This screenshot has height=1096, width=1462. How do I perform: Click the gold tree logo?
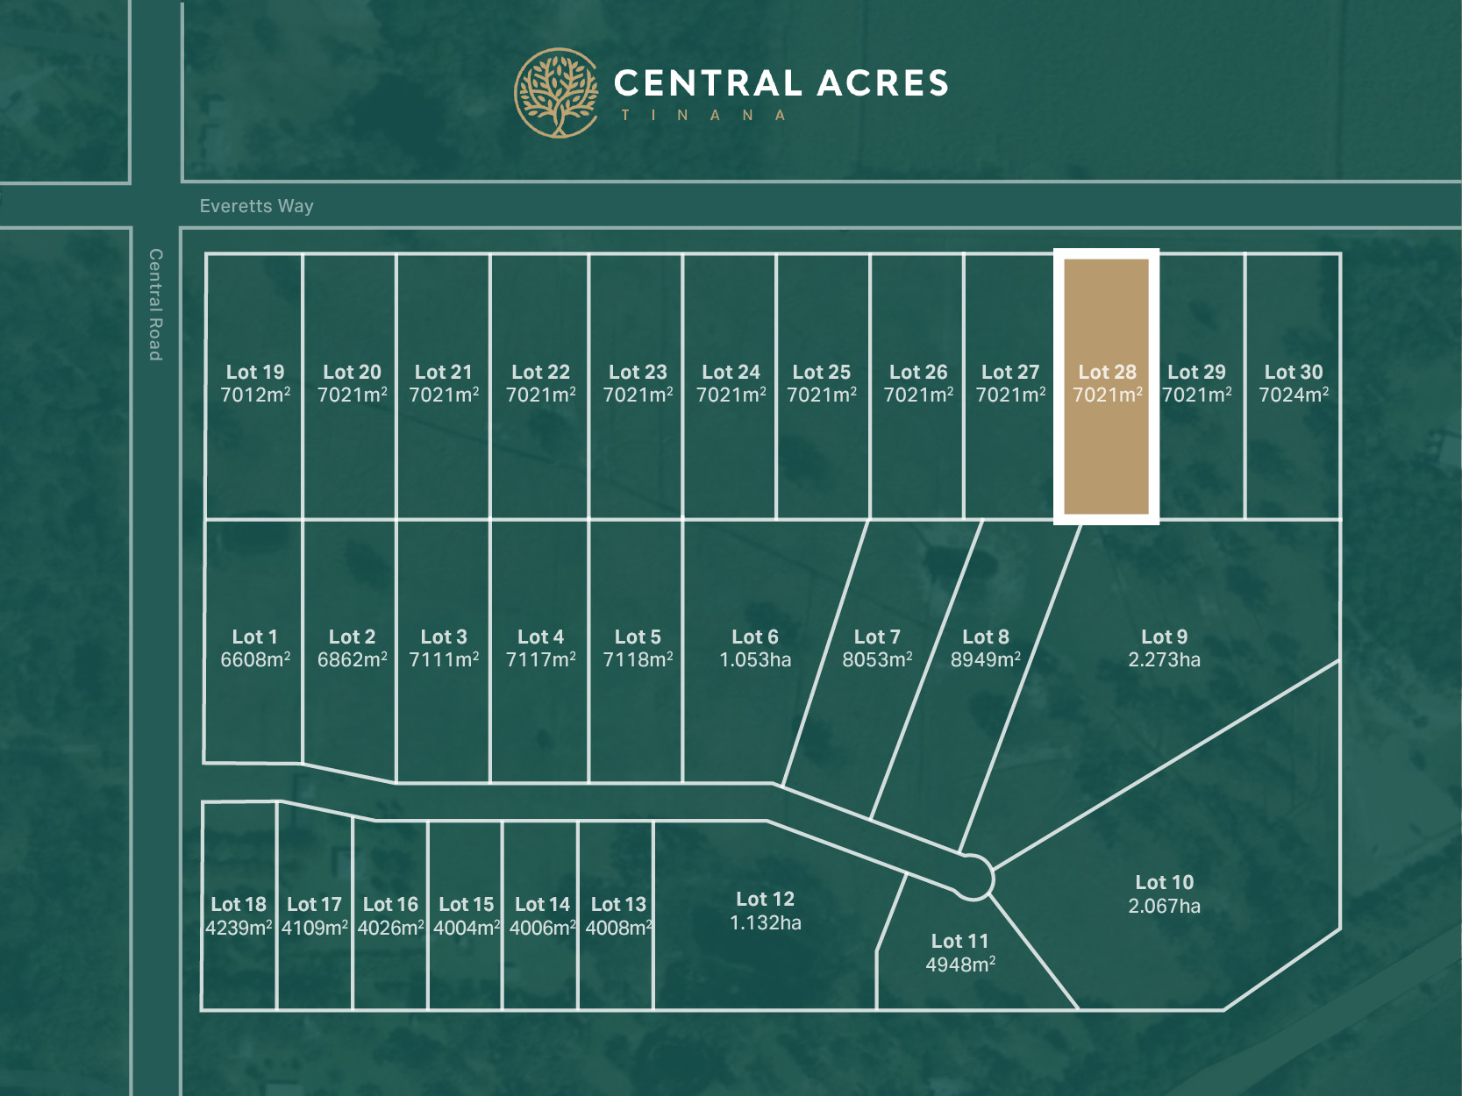click(556, 93)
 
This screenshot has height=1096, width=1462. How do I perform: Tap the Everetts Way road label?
click(256, 206)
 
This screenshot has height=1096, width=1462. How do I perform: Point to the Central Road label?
click(155, 304)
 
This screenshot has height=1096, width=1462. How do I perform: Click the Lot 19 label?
click(255, 373)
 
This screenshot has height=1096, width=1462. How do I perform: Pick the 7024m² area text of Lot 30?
click(1294, 395)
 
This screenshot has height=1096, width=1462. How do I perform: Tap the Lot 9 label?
click(1164, 637)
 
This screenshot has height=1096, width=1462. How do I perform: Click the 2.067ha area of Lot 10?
click(1164, 907)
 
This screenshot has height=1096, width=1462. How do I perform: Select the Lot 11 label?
click(959, 942)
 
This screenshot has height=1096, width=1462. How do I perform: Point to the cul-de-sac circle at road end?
click(972, 878)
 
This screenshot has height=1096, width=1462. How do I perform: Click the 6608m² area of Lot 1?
click(255, 660)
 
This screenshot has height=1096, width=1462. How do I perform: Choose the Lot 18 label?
click(239, 905)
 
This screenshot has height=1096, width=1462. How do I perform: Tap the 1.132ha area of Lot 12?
click(766, 923)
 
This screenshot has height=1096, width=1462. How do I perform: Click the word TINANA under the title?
click(703, 116)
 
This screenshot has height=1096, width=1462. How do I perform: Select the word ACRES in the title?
click(883, 84)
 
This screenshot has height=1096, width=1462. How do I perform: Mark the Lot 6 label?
click(755, 637)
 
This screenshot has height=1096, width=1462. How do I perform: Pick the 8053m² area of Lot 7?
click(877, 660)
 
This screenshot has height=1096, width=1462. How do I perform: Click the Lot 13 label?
click(618, 905)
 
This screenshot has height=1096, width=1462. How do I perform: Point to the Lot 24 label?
click(731, 373)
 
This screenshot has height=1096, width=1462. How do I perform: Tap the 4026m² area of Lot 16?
click(390, 929)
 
